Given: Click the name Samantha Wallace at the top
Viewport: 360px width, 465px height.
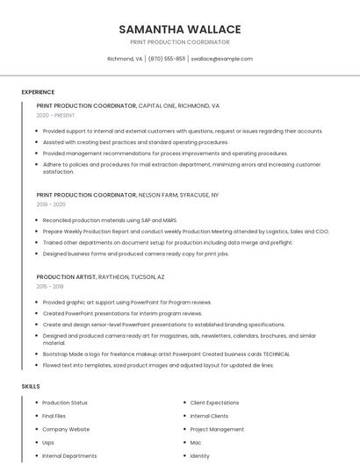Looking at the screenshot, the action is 179,29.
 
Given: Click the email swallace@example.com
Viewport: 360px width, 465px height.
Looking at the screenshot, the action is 221,59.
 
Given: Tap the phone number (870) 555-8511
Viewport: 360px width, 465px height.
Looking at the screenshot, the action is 167,59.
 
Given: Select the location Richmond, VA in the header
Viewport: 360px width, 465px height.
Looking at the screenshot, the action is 125,59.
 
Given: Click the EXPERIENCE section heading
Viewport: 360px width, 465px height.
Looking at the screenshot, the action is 38,92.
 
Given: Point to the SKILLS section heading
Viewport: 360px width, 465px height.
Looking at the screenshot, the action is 31,386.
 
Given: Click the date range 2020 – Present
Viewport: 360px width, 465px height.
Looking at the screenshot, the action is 55,115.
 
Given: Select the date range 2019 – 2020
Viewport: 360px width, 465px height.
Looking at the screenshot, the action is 51,204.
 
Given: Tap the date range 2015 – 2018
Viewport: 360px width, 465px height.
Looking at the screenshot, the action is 50,286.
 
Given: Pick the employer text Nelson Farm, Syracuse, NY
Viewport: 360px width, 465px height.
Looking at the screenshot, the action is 179,194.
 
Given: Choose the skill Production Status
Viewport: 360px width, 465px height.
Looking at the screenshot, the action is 65,403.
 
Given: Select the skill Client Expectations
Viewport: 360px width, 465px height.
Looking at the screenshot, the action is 214,403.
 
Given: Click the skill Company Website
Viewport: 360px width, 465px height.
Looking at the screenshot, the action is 66,429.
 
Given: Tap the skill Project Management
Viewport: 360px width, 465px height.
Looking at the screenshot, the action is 217,429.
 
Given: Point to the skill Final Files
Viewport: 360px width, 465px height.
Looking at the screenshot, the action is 54,416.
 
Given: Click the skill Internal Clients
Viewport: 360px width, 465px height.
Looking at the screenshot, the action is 209,416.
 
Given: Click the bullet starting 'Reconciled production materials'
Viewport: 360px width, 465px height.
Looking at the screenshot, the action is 109,219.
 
